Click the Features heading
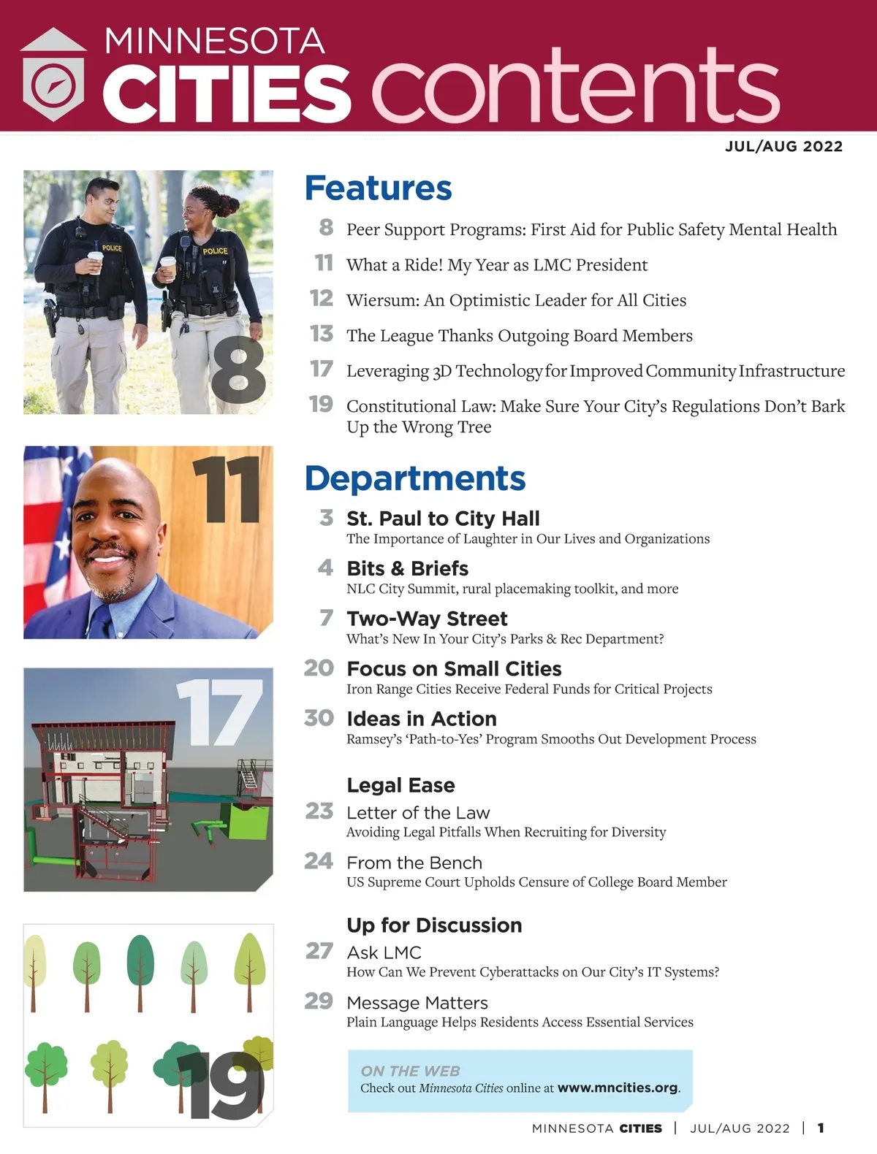point(378,188)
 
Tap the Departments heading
point(414,478)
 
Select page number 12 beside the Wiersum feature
point(322,298)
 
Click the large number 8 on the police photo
point(238,370)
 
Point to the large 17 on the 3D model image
point(219,712)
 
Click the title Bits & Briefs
point(407,568)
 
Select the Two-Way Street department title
point(427,619)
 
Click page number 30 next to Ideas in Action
point(319,718)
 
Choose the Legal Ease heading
point(400,785)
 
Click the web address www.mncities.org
point(618,1088)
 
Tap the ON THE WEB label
point(410,1071)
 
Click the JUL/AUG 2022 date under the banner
point(783,146)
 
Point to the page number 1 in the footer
point(821,1128)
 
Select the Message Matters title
point(417,1003)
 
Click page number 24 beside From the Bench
point(319,861)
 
